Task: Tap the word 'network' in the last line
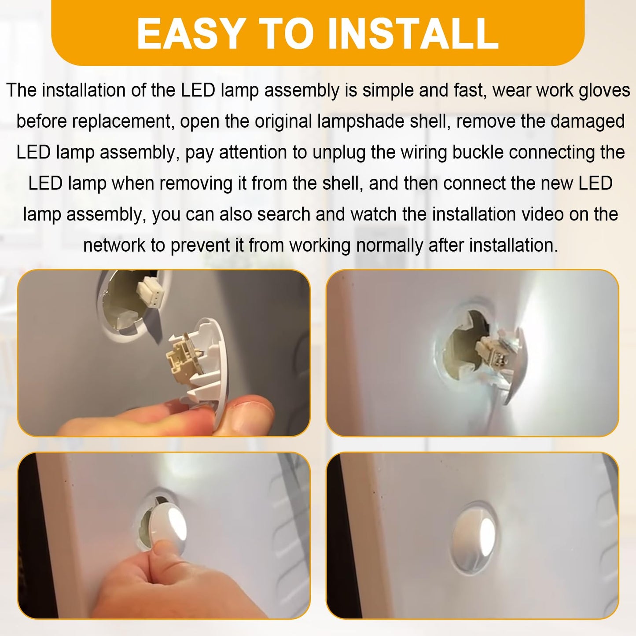[x=114, y=245]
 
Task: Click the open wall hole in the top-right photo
[x=464, y=348]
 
